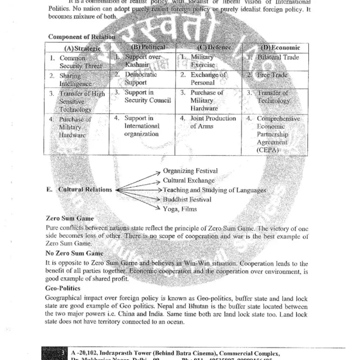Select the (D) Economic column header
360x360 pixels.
[x=280, y=48]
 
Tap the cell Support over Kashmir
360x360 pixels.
[x=142, y=61]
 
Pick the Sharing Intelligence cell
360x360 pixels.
[x=75, y=80]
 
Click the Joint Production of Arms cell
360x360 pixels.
[x=213, y=122]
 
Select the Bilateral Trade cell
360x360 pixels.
[x=278, y=58]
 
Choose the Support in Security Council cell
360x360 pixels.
[x=147, y=96]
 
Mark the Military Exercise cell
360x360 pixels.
[x=202, y=61]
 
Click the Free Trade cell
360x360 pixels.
[x=272, y=75]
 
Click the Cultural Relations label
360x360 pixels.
[x=85, y=189]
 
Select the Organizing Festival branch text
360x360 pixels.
[x=190, y=171]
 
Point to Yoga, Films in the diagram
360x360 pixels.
[x=180, y=209]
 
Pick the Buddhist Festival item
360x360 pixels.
[x=187, y=199]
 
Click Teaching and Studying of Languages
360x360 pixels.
[x=214, y=190]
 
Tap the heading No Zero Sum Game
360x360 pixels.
[x=74, y=253]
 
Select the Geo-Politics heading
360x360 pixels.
[x=63, y=288]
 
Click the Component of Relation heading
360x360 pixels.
[x=82, y=37]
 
